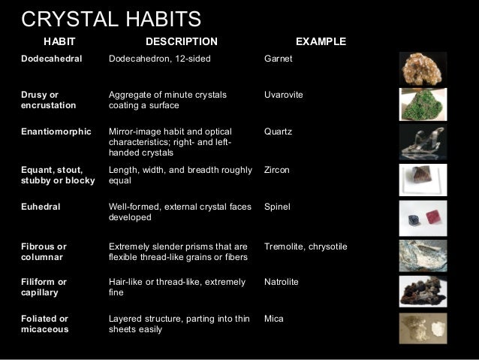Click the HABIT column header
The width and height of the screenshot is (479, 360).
60,41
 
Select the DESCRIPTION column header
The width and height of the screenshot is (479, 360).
181,41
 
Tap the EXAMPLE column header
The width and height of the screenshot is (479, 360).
321,41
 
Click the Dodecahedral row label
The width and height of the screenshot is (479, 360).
52,58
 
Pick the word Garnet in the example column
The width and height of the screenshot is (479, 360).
279,58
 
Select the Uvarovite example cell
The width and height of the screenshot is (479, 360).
283,95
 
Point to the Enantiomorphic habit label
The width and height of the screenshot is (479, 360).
57,132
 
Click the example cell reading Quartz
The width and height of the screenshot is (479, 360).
279,132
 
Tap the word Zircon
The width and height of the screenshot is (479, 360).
277,171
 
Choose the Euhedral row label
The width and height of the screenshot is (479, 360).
41,206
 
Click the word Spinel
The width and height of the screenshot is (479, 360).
278,206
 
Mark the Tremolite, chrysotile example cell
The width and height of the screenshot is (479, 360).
306,247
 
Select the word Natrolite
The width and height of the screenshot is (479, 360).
282,282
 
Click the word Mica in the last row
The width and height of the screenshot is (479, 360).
275,318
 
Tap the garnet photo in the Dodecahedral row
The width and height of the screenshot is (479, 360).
422,67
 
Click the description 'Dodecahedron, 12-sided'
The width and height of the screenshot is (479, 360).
160,58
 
